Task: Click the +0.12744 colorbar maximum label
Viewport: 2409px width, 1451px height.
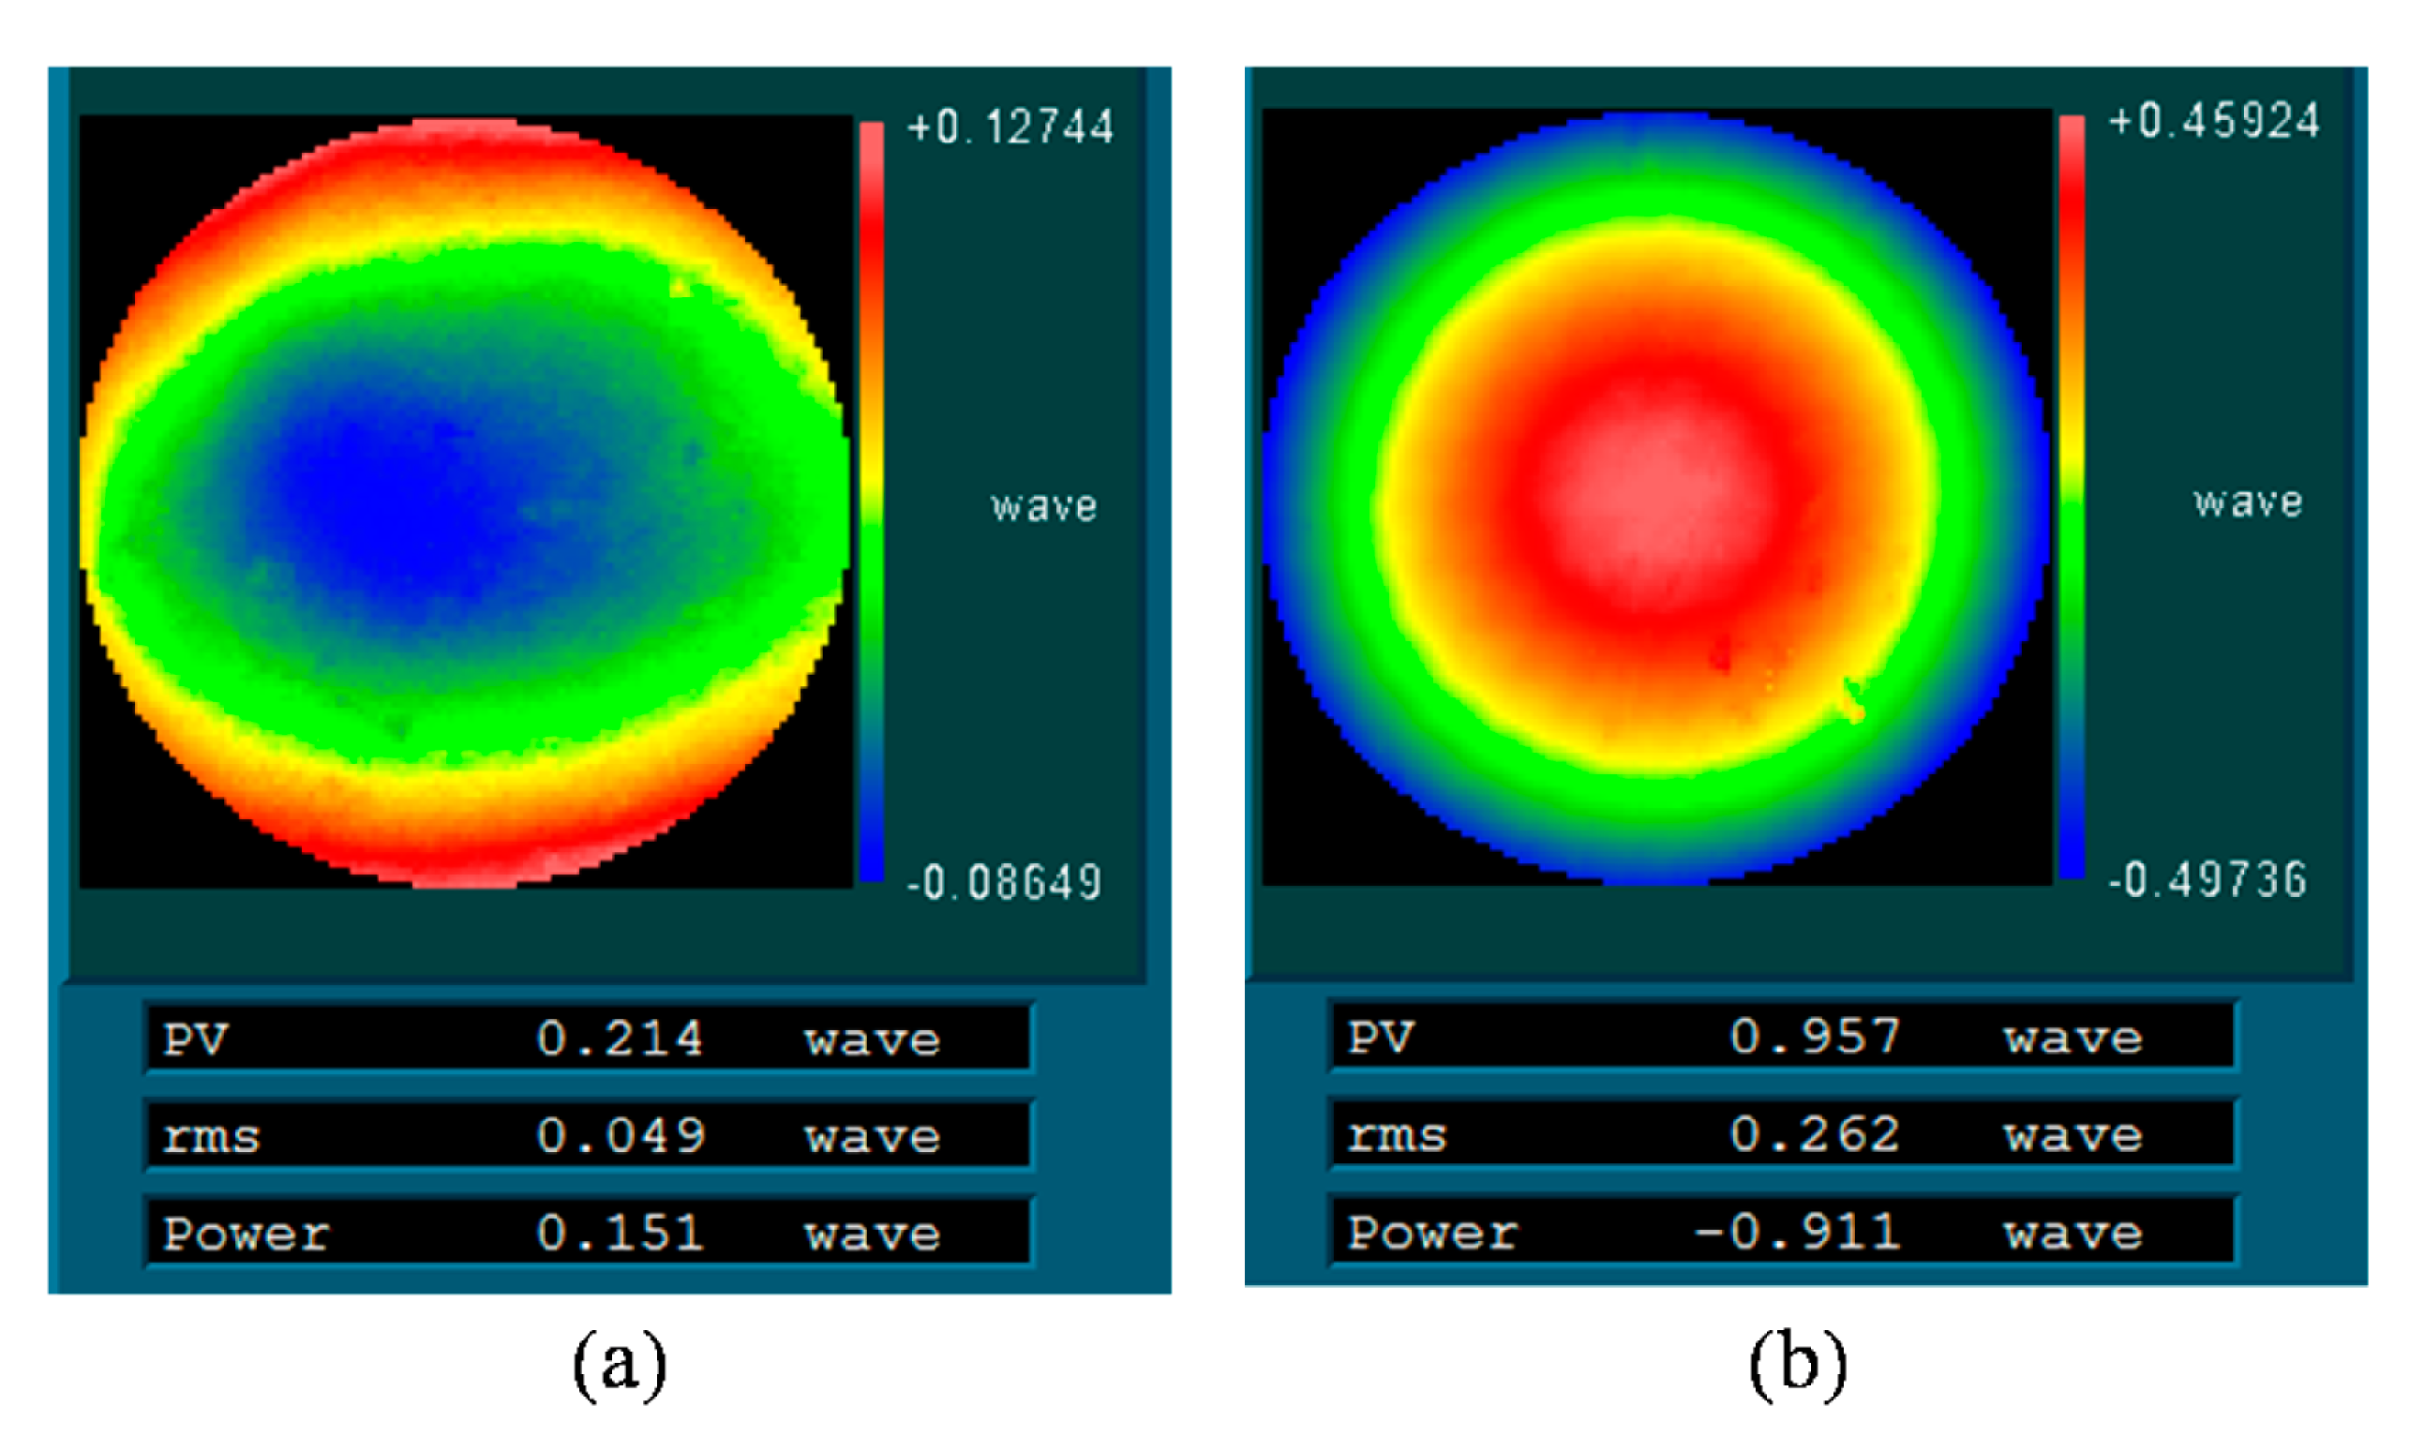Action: coord(1010,128)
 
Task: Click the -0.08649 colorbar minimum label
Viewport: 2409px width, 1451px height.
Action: coord(1004,883)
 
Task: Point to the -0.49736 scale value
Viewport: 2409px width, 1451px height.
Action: coord(2207,880)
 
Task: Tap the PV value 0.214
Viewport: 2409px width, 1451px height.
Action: coord(620,1039)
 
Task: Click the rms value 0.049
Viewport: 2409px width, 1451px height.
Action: coord(620,1136)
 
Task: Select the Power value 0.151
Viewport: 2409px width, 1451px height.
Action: coord(620,1233)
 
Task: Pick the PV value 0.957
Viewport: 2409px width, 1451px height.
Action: coord(1815,1037)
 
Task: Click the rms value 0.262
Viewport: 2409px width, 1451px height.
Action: coord(1815,1134)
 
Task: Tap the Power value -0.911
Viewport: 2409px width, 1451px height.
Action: coord(1797,1232)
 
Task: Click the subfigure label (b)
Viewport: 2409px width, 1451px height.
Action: coord(1797,1363)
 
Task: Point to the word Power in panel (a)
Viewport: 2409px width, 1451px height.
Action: coord(247,1234)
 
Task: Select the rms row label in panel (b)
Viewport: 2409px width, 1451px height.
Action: coord(1396,1136)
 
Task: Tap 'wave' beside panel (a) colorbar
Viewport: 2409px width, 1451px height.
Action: coord(1044,506)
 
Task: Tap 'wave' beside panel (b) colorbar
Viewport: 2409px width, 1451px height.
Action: coord(2248,502)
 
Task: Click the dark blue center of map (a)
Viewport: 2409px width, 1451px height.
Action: coord(391,508)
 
